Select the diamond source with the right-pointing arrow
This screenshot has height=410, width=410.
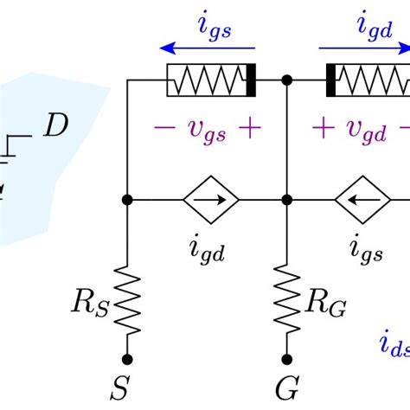click(x=208, y=200)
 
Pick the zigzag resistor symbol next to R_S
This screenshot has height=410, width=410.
click(x=128, y=302)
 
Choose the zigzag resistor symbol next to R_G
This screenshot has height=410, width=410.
click(x=285, y=302)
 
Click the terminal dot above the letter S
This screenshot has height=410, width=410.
click(x=128, y=358)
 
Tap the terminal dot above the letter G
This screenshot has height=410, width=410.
click(x=285, y=358)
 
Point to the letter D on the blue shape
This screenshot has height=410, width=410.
click(x=55, y=127)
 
